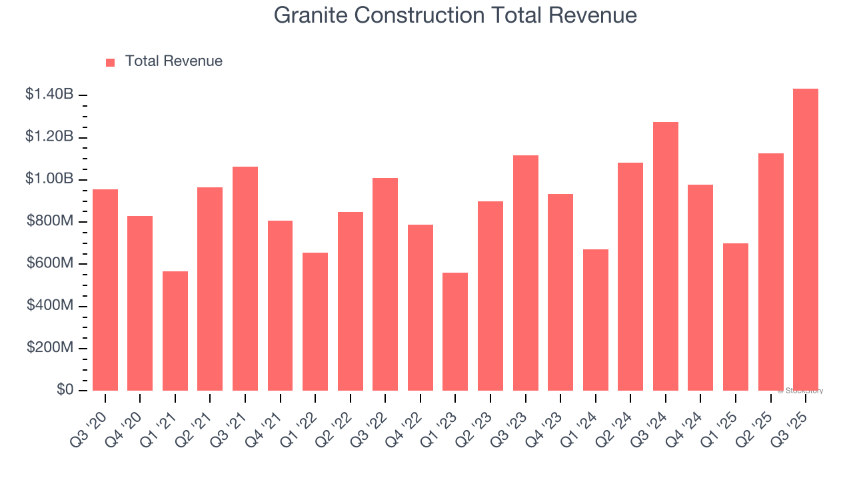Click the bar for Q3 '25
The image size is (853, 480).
pyautogui.click(x=806, y=240)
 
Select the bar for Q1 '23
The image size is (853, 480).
pyautogui.click(x=455, y=331)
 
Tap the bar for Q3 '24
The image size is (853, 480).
pyautogui.click(x=666, y=257)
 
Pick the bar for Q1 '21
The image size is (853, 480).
pyautogui.click(x=175, y=331)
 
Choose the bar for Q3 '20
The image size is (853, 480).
pyautogui.click(x=105, y=290)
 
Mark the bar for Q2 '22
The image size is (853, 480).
pyautogui.click(x=351, y=301)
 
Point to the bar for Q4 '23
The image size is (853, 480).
pyautogui.click(x=560, y=292)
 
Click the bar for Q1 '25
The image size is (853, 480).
pyautogui.click(x=736, y=317)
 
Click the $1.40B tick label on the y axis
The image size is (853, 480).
pyautogui.click(x=49, y=95)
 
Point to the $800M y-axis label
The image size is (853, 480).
pyautogui.click(x=50, y=221)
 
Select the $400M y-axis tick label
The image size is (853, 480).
pyautogui.click(x=50, y=306)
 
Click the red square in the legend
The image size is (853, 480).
pyautogui.click(x=111, y=62)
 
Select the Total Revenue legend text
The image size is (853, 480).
pyautogui.click(x=173, y=61)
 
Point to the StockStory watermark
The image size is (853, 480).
pyautogui.click(x=800, y=391)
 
